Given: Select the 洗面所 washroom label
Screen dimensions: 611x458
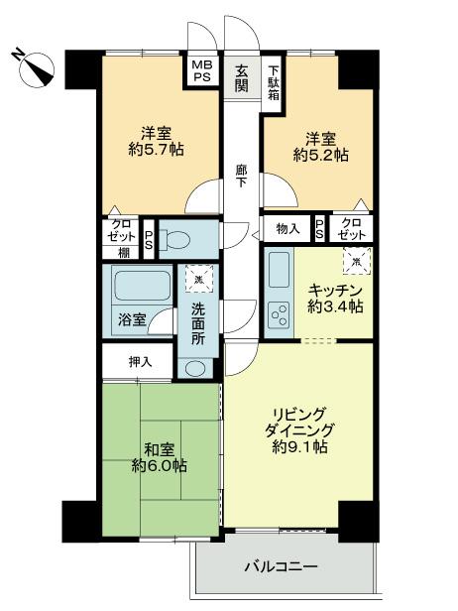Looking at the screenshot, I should (198, 322).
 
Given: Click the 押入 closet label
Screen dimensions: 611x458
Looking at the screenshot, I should (140, 361).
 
